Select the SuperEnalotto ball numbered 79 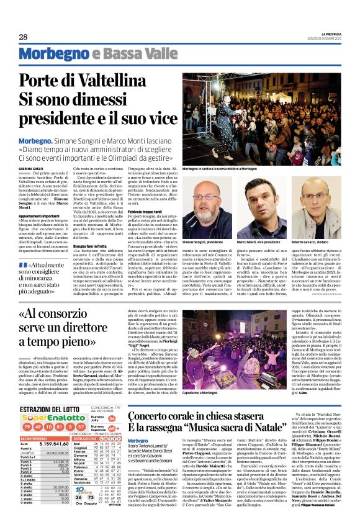click(x=26, y=410)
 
